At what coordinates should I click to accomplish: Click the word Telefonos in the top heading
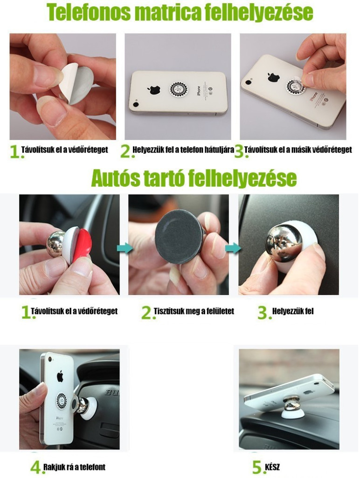(88, 12)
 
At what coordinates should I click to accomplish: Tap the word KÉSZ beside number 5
(272, 467)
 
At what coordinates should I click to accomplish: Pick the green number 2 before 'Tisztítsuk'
(146, 312)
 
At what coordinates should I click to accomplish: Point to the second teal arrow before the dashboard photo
(233, 248)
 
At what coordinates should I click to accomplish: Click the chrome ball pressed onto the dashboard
(283, 243)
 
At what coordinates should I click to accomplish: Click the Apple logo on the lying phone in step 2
(154, 89)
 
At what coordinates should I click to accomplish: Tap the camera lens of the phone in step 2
(136, 105)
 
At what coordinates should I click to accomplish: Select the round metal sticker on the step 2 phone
(179, 90)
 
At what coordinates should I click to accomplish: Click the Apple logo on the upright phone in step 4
(60, 376)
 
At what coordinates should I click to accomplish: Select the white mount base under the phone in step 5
(292, 413)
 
